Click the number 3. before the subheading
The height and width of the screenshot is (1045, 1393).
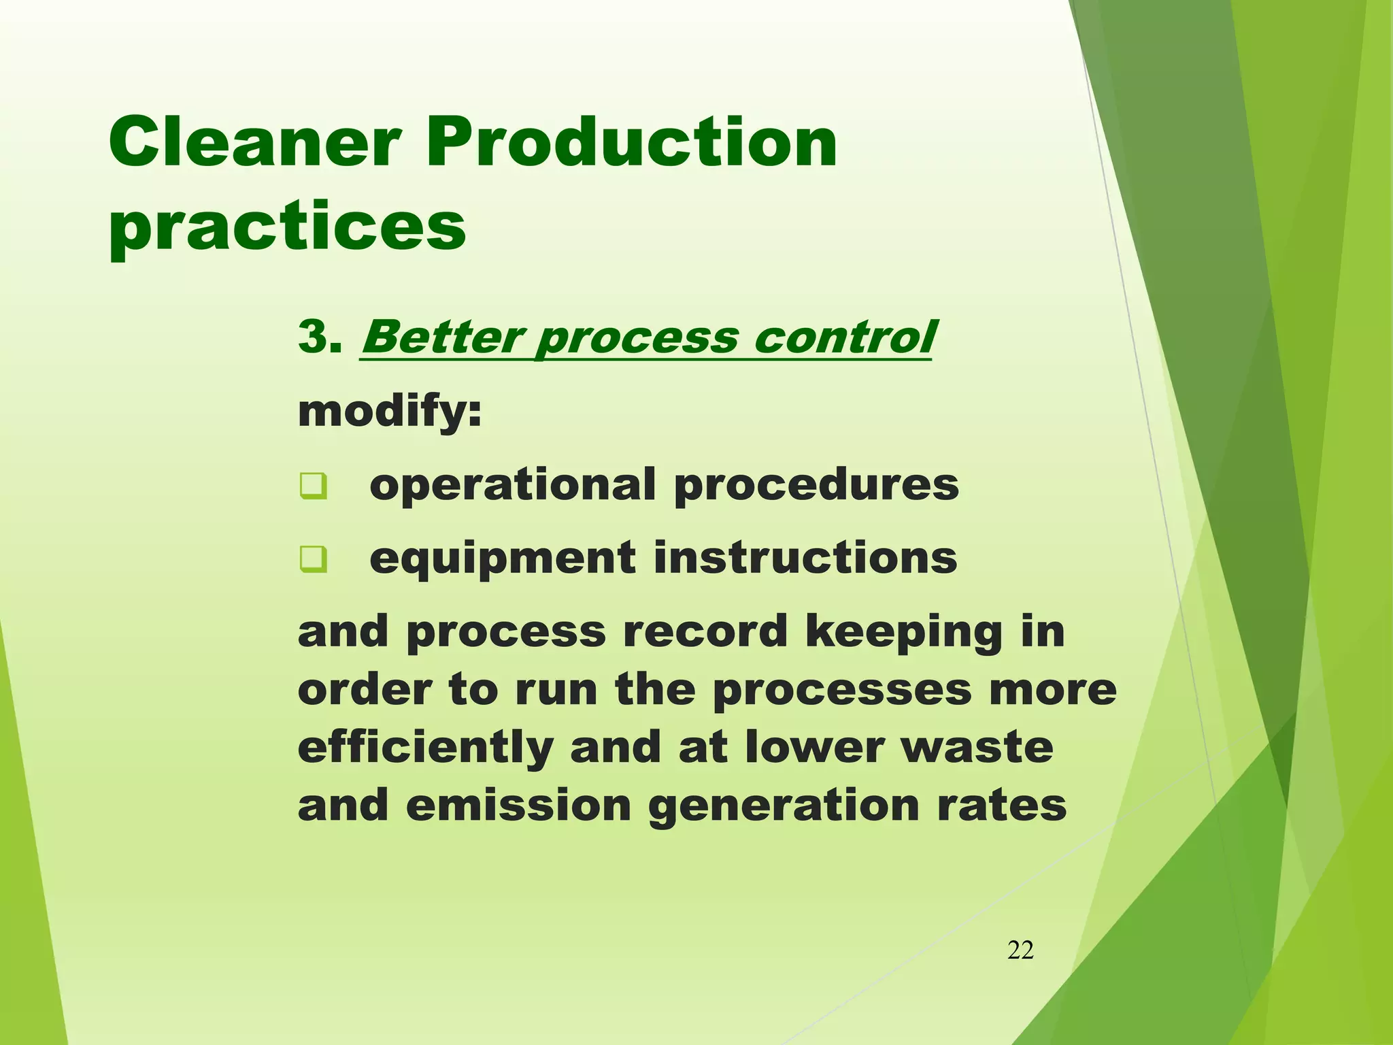point(319,336)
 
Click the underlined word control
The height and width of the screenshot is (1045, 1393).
point(843,337)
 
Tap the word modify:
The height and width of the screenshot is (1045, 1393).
point(390,411)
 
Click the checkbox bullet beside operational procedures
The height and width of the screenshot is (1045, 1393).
point(314,486)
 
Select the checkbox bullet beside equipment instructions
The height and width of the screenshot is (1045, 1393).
point(314,559)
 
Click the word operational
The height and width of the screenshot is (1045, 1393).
point(512,484)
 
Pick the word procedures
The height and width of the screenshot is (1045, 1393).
point(816,486)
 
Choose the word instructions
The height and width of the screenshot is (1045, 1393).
point(805,558)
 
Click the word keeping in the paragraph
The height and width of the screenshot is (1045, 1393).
point(904,632)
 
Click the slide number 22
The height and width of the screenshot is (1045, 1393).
point(1020,950)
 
